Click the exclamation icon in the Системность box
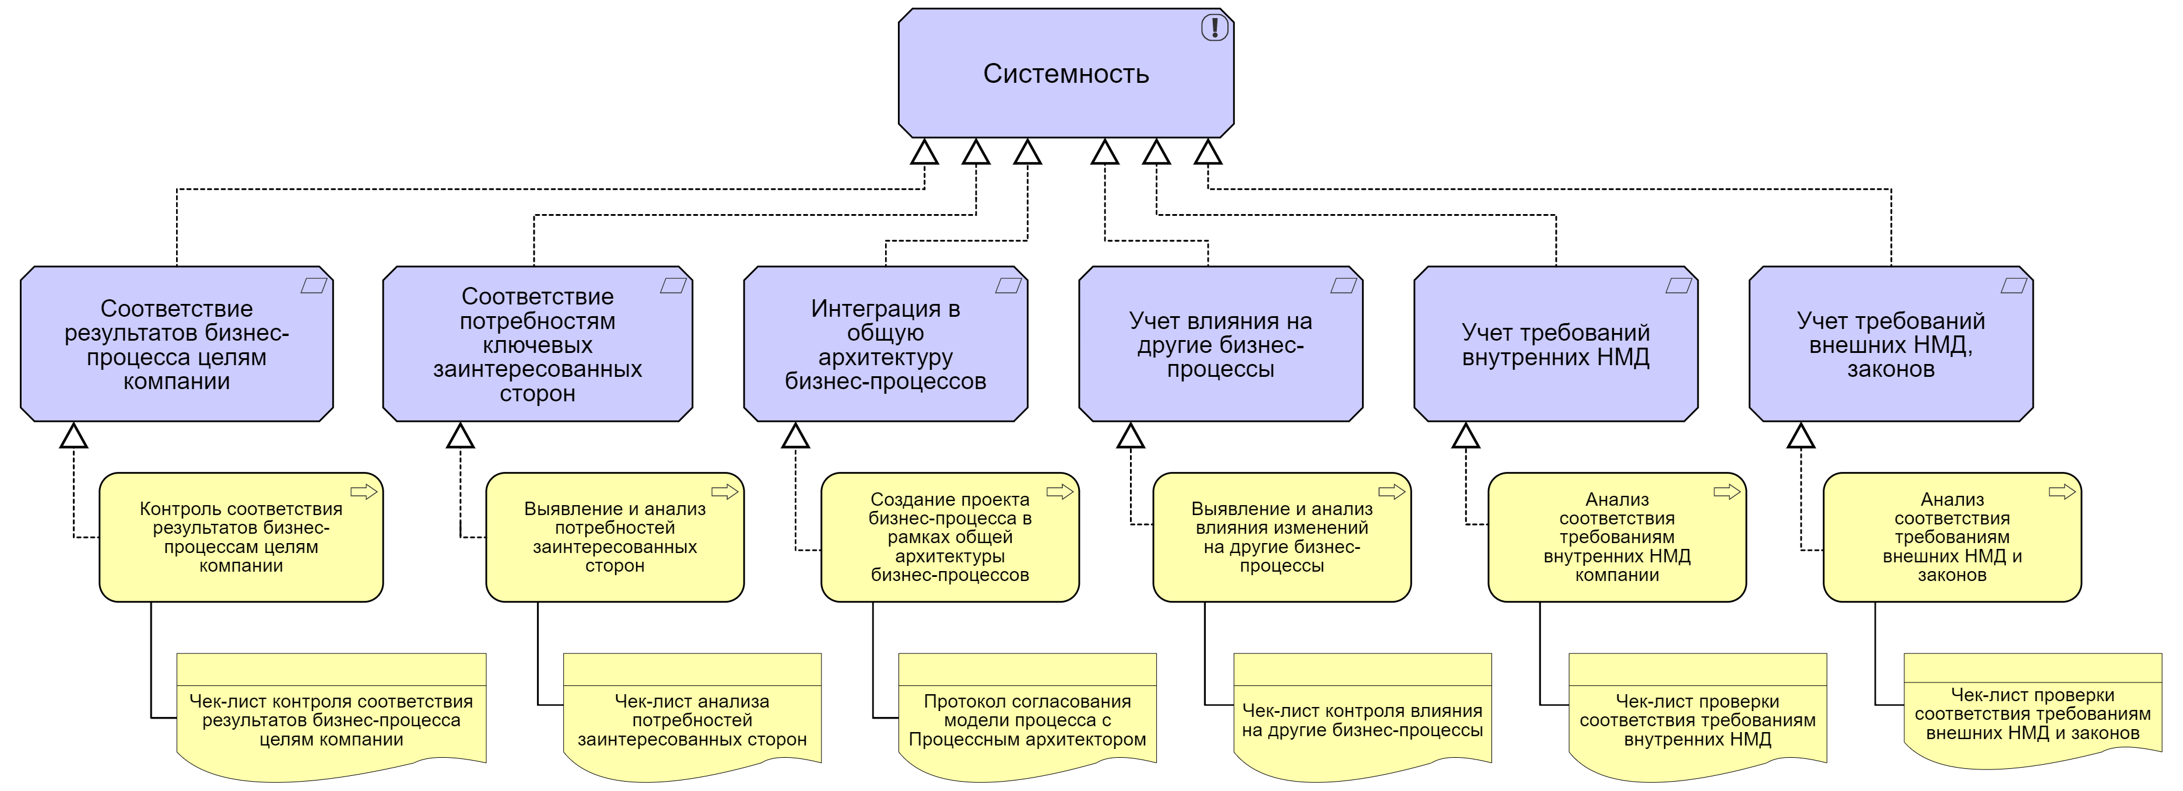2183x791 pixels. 1215,28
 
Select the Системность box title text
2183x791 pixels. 1065,73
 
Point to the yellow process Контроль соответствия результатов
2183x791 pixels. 241,537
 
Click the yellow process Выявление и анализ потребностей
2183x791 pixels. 615,537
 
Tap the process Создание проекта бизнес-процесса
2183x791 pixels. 949,537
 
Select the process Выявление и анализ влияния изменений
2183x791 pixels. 1282,537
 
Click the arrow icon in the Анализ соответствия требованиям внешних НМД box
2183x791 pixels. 2062,492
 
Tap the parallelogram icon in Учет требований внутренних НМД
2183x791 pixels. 1679,286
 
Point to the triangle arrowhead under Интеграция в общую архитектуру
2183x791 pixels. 795,436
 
